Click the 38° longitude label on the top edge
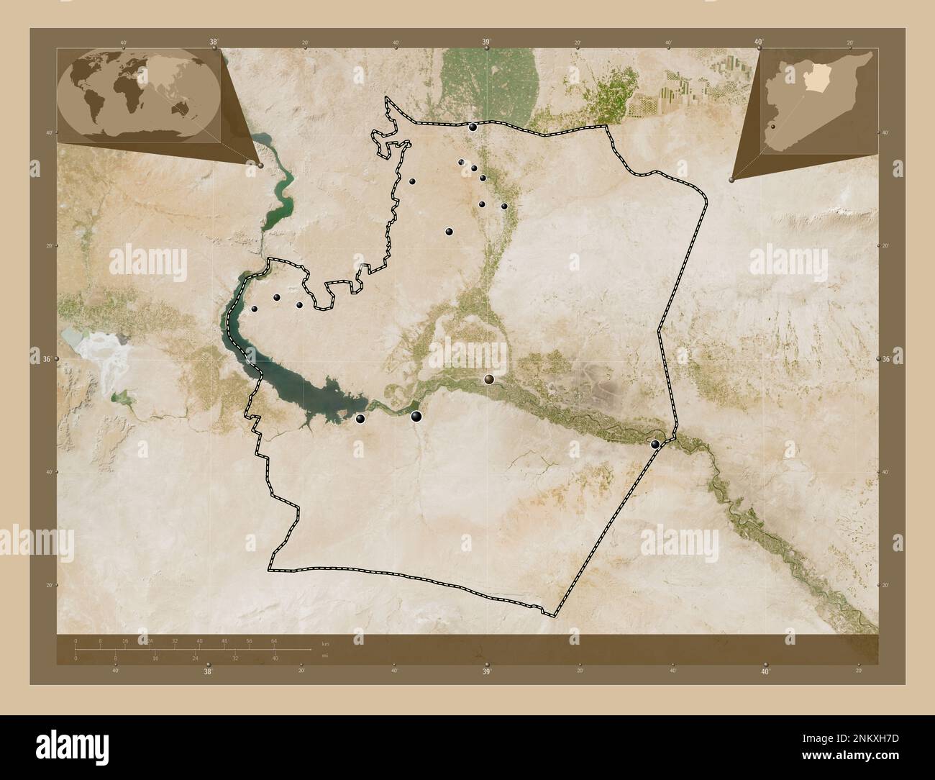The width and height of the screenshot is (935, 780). coord(214,42)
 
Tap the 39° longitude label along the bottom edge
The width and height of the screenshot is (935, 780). coord(486,671)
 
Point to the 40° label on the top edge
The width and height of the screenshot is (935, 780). coord(758,42)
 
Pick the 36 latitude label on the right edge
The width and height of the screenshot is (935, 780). coord(887,359)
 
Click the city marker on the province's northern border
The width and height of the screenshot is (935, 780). coord(473,127)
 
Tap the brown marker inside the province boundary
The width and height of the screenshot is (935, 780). coord(489,379)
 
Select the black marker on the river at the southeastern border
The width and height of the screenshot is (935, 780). coord(654,445)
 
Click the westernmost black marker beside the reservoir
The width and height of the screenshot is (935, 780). coord(254,309)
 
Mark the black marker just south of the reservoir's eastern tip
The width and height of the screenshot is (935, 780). coord(360,418)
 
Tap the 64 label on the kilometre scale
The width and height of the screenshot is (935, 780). coord(274,640)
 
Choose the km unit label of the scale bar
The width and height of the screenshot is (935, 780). coord(325,643)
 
